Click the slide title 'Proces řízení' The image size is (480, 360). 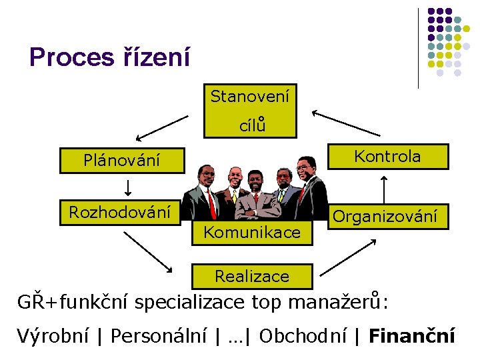pyautogui.click(x=110, y=57)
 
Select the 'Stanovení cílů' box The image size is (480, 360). pyautogui.click(x=250, y=110)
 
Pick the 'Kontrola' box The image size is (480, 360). pyautogui.click(x=387, y=157)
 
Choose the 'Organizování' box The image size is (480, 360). pyautogui.click(x=385, y=216)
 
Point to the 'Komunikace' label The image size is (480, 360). pyautogui.click(x=252, y=233)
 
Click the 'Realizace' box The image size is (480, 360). pyautogui.click(x=252, y=276)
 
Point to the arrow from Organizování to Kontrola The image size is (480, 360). pyautogui.click(x=385, y=189)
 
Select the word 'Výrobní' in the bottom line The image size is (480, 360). pyautogui.click(x=53, y=336)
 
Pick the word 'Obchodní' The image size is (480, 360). pyautogui.click(x=303, y=336)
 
